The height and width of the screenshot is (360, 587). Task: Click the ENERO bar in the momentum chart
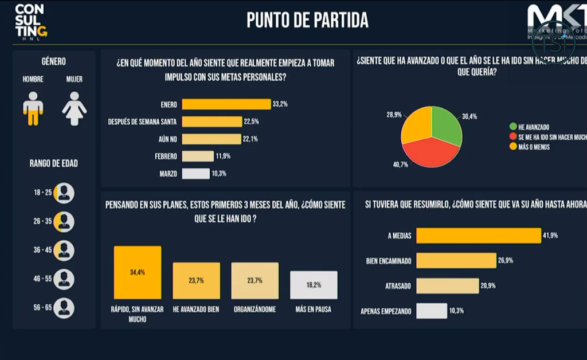click(x=226, y=104)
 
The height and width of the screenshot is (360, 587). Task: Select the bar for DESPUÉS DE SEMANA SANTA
click(x=212, y=122)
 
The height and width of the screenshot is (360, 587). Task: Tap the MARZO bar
click(x=195, y=173)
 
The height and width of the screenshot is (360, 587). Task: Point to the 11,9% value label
click(x=223, y=156)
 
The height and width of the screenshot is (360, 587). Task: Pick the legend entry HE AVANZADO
click(x=534, y=126)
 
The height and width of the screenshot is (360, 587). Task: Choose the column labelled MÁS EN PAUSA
click(x=314, y=285)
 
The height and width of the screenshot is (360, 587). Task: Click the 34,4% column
click(x=138, y=272)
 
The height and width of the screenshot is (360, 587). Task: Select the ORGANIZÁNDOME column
click(x=255, y=281)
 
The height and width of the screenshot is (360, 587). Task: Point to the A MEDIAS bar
click(x=479, y=236)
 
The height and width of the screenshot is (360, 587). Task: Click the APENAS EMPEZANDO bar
click(x=432, y=311)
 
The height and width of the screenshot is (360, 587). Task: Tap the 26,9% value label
click(x=506, y=260)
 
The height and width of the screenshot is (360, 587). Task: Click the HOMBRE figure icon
click(x=33, y=108)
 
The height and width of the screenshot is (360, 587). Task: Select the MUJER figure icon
click(x=75, y=108)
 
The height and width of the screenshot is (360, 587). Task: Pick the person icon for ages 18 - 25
click(x=64, y=193)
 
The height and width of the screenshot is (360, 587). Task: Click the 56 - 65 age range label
click(x=42, y=308)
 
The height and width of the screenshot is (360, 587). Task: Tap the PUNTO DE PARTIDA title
click(x=307, y=20)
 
